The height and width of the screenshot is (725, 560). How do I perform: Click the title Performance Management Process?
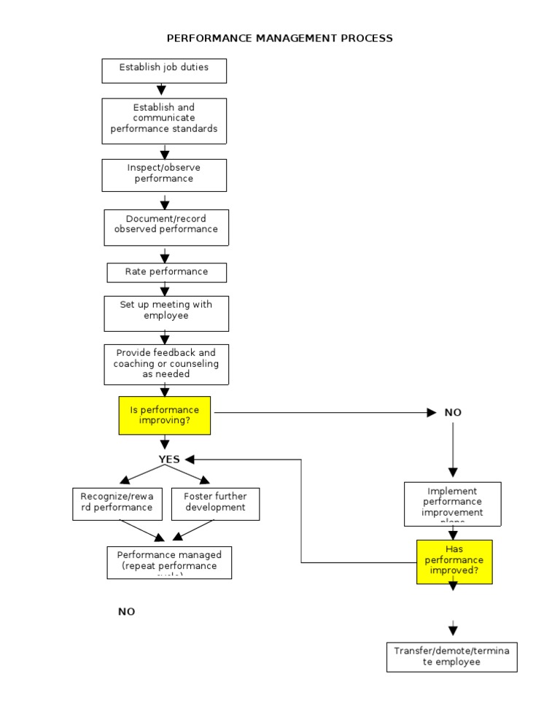click(280, 38)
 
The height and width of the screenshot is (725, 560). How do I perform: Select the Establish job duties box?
click(164, 71)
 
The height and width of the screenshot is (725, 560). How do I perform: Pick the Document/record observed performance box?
click(166, 227)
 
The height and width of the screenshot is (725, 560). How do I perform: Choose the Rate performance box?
click(166, 272)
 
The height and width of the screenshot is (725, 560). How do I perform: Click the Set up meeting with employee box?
click(166, 313)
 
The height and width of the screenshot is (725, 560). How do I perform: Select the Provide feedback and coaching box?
click(166, 364)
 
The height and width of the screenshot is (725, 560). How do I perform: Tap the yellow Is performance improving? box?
click(165, 415)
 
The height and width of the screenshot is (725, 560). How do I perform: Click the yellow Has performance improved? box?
click(454, 562)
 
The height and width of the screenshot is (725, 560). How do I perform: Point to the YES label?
click(169, 460)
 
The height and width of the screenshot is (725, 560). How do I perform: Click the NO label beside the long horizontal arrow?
click(453, 413)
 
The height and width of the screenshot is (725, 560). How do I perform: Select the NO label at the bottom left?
click(127, 612)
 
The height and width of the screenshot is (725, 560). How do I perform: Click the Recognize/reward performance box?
click(117, 503)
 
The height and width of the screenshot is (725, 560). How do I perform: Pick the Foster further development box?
click(215, 503)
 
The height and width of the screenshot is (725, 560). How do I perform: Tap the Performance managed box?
click(169, 562)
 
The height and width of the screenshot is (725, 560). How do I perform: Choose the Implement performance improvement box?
click(453, 503)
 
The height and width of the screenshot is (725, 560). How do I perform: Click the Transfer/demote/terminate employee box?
click(451, 656)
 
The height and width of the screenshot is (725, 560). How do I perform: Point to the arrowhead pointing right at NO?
click(431, 413)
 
